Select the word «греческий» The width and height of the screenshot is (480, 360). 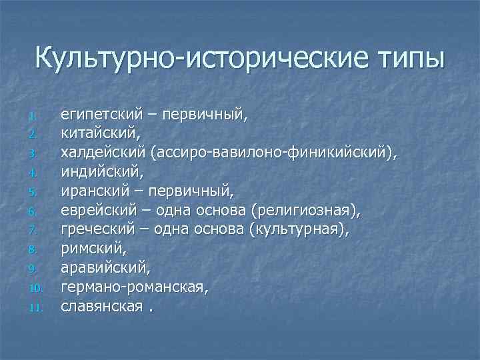coord(98,231)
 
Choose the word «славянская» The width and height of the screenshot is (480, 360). coord(101,307)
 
